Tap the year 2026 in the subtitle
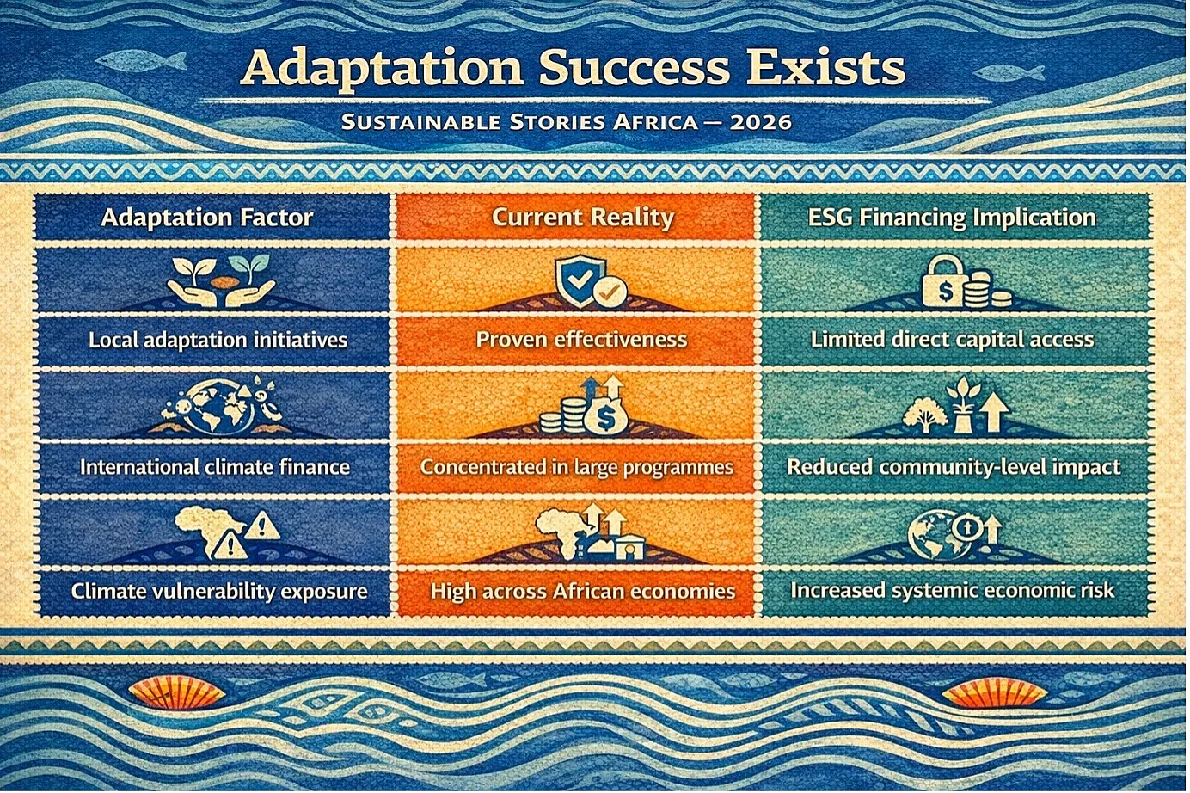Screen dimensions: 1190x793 coord(761,123)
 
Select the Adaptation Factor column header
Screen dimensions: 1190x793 coord(206,218)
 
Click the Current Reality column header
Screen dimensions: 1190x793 coord(583,218)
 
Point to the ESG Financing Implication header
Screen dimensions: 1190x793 coord(952,218)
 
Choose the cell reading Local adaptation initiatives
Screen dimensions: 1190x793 coord(218,340)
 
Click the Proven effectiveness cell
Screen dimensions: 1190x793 coord(581,340)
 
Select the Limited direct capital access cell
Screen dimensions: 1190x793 coord(952,340)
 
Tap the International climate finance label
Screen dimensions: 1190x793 coord(215,467)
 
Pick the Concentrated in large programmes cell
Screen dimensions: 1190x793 coord(576,467)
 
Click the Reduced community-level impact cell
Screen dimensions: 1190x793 coord(954,467)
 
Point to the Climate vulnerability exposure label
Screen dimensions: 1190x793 coord(219,591)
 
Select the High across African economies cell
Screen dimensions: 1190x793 coord(582,591)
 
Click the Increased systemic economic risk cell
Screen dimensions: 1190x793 coord(952,591)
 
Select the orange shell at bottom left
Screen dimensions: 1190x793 coord(177,694)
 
